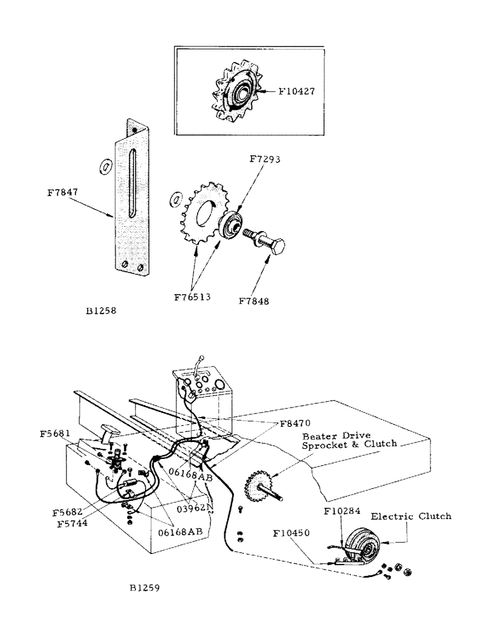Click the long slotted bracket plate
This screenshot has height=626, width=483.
pos(131,200)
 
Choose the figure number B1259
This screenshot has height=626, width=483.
pos(145,588)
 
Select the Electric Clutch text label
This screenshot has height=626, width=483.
pos(411,516)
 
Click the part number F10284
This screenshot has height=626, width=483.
pos(342,511)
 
